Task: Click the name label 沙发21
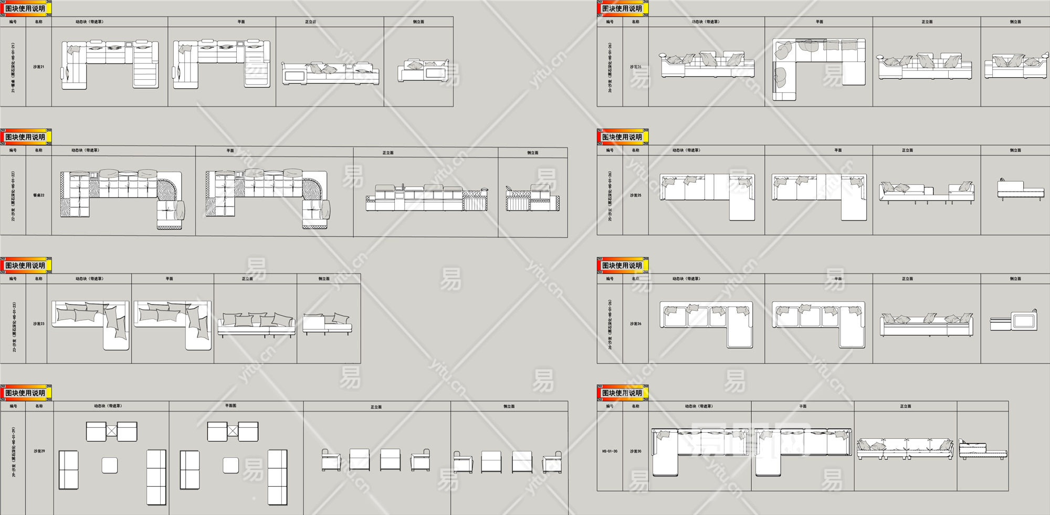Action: click(39, 67)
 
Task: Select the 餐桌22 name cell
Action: click(39, 195)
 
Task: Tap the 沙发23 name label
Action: click(39, 324)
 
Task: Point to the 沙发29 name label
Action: click(39, 451)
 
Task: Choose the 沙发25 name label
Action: click(635, 195)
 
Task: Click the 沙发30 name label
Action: click(635, 451)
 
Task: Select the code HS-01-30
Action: click(610, 451)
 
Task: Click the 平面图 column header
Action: click(230, 406)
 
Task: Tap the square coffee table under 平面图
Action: click(231, 465)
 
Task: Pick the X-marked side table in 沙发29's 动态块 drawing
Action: click(111, 432)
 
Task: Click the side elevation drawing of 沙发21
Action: click(423, 71)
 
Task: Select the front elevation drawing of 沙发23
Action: click(256, 324)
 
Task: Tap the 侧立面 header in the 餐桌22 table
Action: click(532, 153)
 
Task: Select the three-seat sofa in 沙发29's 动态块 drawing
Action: click(156, 477)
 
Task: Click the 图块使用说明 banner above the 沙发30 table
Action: click(622, 393)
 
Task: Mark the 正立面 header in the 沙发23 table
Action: click(247, 279)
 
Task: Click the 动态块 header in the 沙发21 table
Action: click(89, 22)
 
